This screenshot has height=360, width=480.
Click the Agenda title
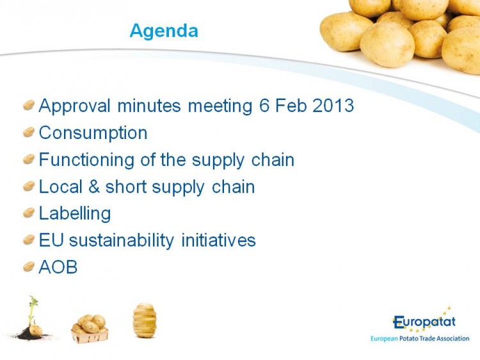[164, 31]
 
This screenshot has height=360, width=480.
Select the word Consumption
[93, 133]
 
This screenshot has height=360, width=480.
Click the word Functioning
[86, 160]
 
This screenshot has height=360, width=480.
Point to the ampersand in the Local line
[94, 186]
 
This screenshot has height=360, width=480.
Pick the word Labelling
[75, 213]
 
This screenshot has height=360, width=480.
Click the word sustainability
[122, 240]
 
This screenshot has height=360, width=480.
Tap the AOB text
[58, 267]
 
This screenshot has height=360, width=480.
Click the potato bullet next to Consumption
[28, 133]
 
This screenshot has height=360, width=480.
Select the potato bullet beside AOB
[28, 266]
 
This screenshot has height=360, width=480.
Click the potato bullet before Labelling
[28, 213]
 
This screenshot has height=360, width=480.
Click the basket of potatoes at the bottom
[90, 329]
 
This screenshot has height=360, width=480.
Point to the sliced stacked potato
[145, 320]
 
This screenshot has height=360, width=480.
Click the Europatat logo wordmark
[424, 322]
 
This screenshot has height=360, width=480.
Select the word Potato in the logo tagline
[409, 339]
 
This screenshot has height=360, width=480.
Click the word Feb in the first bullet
[291, 106]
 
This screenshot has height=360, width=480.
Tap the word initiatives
[219, 240]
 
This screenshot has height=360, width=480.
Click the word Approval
[74, 106]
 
